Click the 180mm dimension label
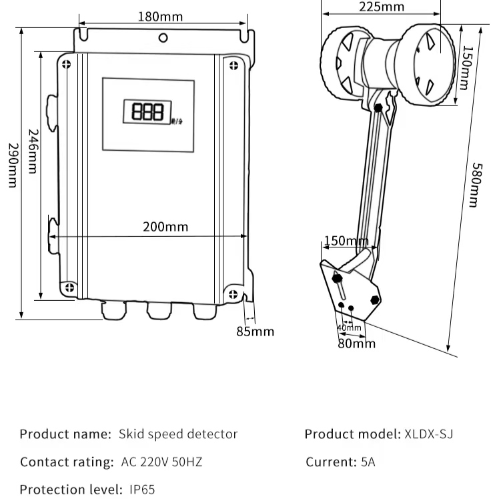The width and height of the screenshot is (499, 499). pos(160,17)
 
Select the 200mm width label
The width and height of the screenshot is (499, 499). pos(165,227)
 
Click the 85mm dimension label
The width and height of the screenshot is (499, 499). pos(256,331)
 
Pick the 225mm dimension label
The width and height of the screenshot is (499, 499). pos(381,7)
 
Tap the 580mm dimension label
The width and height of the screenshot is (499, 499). pos(475,185)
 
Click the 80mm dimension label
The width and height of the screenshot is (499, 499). pos(356,344)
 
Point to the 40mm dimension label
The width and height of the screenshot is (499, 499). pos(349,328)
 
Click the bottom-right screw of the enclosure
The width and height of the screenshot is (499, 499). pos(233,294)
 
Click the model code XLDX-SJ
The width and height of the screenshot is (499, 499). pos(429,434)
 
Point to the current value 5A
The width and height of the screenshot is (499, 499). pos(368,462)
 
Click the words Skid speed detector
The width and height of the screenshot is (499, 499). pos(177,434)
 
